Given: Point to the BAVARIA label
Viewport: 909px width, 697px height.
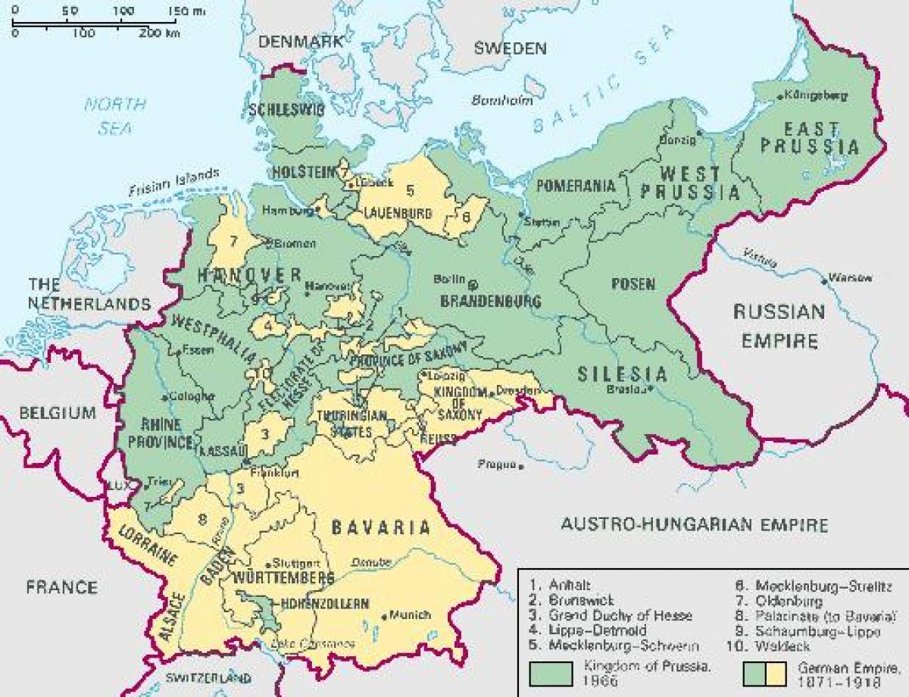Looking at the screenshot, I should [380, 527].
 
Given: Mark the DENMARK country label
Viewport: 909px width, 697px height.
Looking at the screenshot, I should [301, 42].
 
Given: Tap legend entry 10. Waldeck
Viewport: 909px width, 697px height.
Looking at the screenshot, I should [776, 646].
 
